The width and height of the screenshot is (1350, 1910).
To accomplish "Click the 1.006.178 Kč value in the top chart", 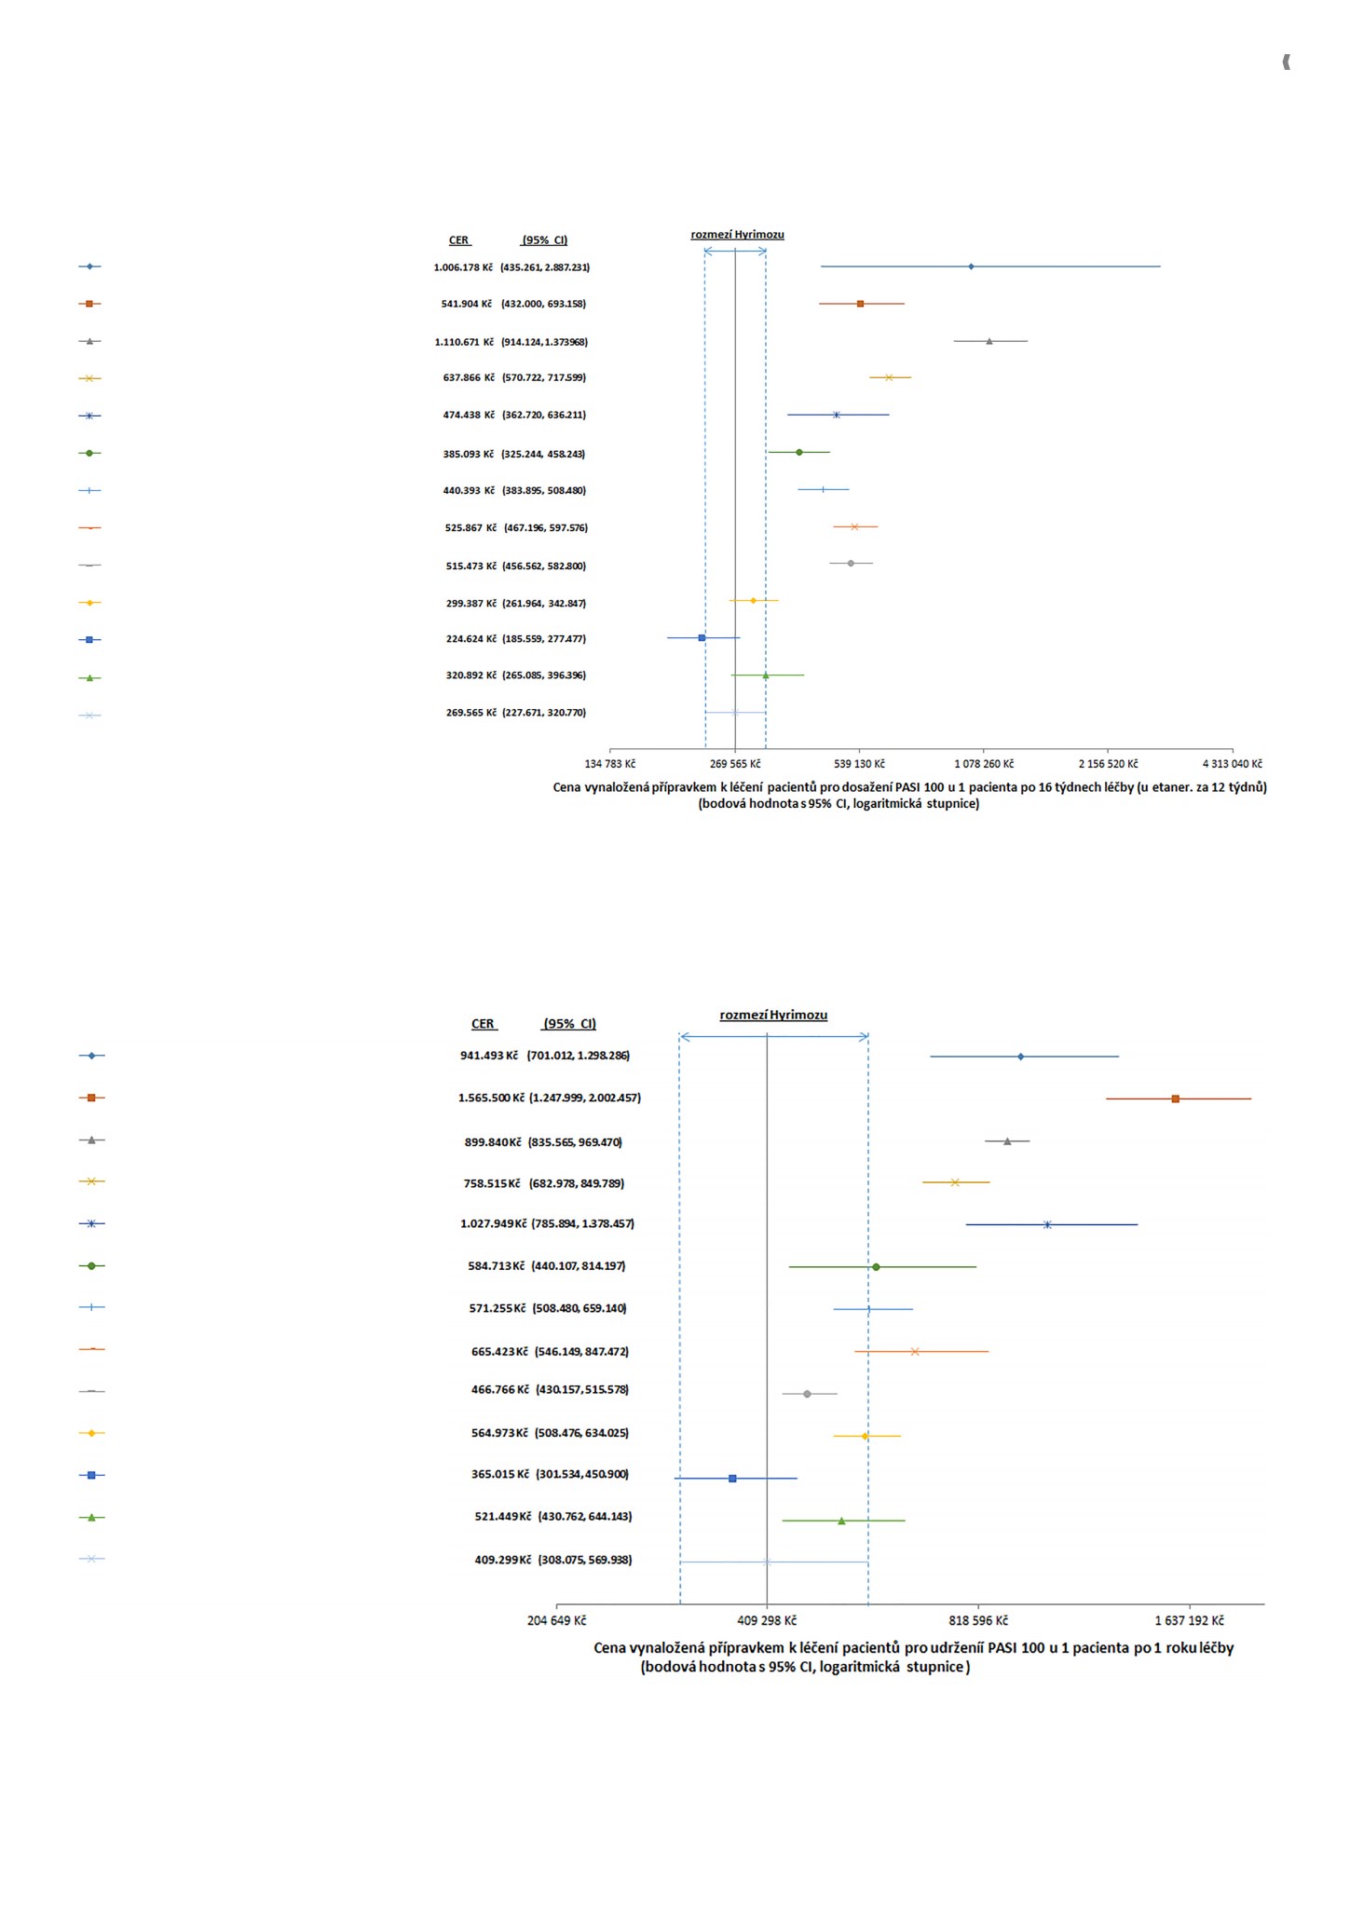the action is click(x=463, y=267).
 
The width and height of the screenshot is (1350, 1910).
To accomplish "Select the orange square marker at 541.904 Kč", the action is click(x=860, y=304).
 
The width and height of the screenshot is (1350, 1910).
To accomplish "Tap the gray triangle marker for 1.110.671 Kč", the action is click(x=989, y=341).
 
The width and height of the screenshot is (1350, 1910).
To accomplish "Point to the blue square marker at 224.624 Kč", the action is click(x=702, y=638).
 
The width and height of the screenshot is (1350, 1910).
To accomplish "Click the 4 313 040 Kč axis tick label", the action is click(x=1233, y=764).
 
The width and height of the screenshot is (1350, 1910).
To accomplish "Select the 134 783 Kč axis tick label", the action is click(x=610, y=764).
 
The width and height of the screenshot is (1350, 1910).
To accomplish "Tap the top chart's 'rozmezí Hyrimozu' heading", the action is click(x=737, y=235).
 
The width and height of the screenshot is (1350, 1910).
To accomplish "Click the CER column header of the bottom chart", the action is click(x=483, y=1024).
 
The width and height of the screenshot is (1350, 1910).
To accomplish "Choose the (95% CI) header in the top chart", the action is click(x=545, y=240).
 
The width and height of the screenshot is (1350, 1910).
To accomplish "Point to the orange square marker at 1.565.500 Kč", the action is click(x=1176, y=1098).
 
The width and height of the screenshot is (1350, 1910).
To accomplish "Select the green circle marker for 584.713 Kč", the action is click(x=876, y=1267).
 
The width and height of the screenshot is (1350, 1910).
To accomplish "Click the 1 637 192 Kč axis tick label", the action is click(x=1189, y=1620).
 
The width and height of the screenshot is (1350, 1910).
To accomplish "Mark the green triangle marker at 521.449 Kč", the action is click(x=841, y=1521).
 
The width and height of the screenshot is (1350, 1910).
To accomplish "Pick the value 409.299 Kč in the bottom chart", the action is click(x=503, y=1560).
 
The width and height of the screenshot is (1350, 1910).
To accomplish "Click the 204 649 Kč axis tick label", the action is click(x=557, y=1620).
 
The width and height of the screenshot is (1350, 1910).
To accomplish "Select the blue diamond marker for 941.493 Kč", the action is click(x=1021, y=1057).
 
